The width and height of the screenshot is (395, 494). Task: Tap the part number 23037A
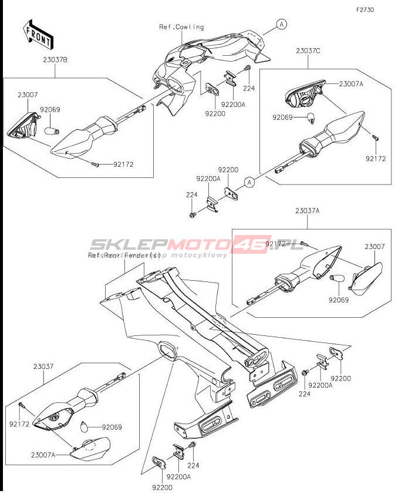point(308,210)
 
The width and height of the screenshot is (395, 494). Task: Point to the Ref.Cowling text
point(181,27)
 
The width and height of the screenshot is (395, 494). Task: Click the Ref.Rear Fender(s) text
point(124,256)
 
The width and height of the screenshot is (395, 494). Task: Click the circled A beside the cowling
point(282,24)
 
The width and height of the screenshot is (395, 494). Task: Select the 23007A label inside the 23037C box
point(351,84)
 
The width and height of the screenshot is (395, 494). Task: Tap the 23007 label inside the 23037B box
point(28,95)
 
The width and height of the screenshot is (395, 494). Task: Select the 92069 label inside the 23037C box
point(283,117)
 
